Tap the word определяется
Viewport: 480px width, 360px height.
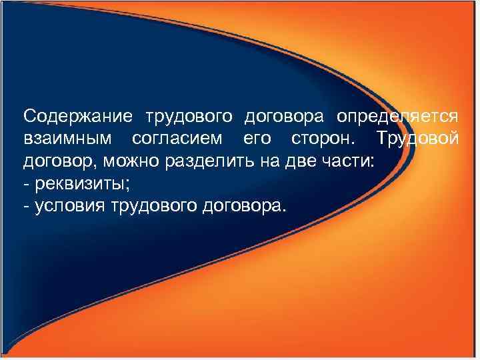(x=397, y=116)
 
